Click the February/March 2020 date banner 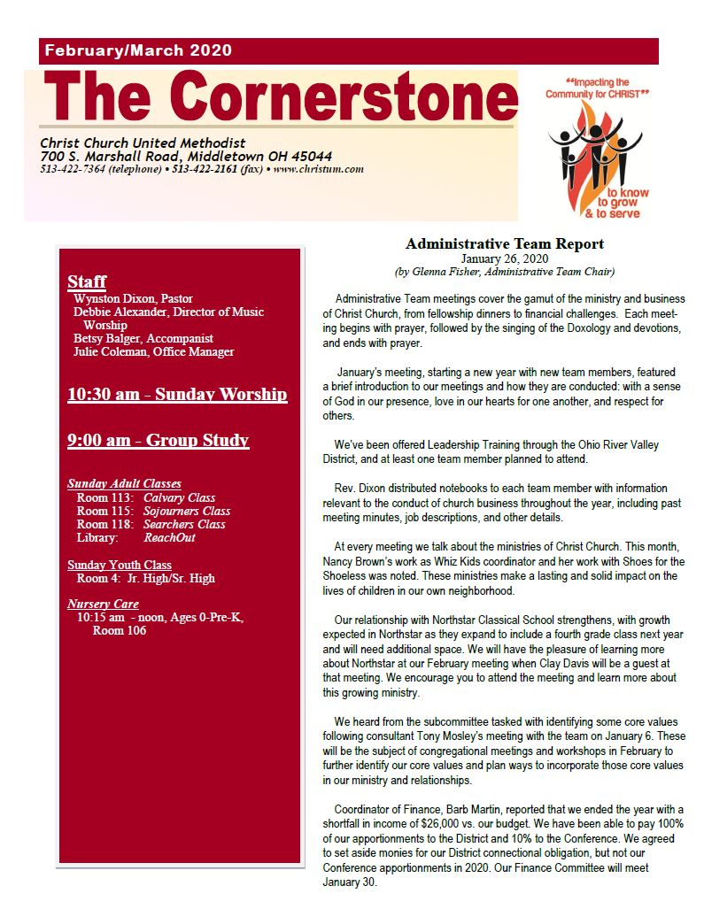coord(138,51)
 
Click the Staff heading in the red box coord(87,281)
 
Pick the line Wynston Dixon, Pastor coord(133,298)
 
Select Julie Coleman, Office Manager coord(153,351)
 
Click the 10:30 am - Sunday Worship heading coord(177,394)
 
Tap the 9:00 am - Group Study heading coord(158,440)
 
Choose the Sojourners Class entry coord(187,511)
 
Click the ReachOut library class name coord(169,537)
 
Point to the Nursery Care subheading coord(103,604)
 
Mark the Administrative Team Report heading coord(504,243)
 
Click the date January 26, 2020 coord(504,258)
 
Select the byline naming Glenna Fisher coord(504,272)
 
